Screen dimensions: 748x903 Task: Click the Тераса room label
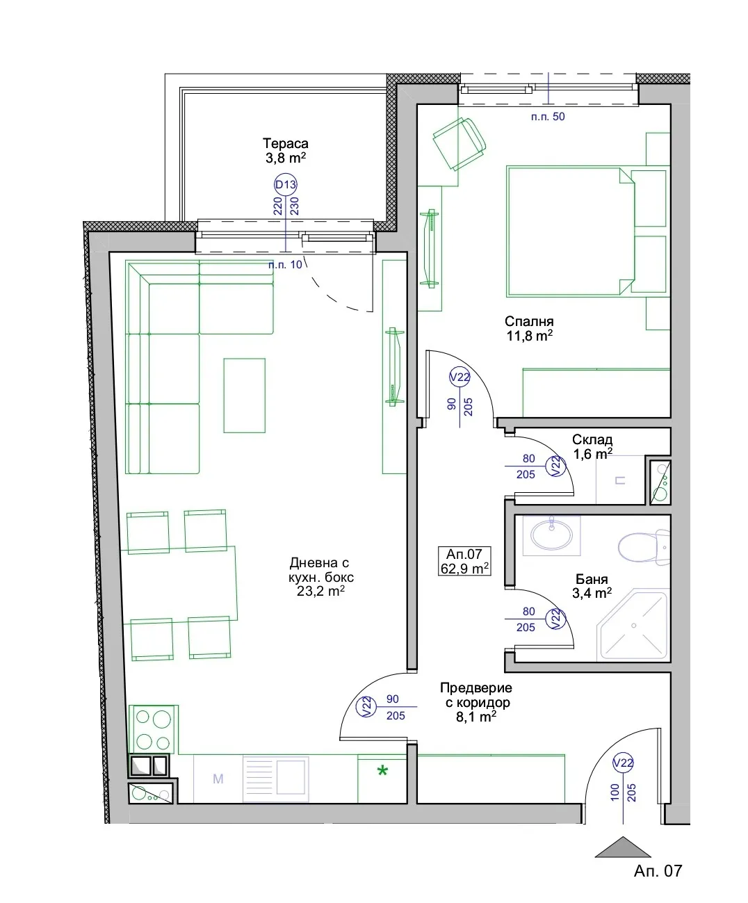[286, 143]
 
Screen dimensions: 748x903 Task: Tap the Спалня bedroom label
[529, 321]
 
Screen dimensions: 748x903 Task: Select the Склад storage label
[592, 440]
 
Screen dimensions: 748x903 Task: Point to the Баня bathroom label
[592, 579]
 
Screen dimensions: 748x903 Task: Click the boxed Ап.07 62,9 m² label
[464, 561]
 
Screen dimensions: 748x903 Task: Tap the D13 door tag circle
[286, 185]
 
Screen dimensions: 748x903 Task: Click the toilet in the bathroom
[644, 547]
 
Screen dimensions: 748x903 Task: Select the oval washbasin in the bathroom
[551, 535]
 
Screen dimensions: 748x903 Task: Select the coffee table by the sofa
[245, 396]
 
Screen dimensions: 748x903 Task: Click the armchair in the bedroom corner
[460, 144]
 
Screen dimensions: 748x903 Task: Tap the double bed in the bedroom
[586, 231]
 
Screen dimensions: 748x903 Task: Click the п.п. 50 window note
[548, 116]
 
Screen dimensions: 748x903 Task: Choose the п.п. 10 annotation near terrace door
[285, 265]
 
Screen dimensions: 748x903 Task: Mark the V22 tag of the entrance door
[623, 763]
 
